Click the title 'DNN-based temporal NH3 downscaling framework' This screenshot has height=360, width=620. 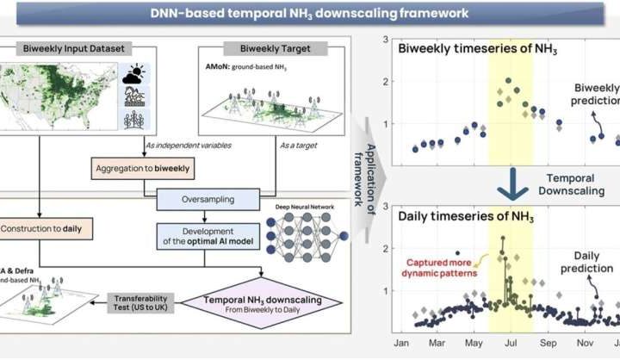tap(310, 13)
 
